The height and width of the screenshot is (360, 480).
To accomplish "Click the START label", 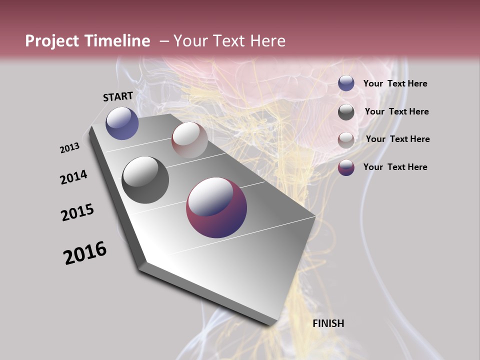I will [118, 96].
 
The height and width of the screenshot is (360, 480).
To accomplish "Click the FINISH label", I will [328, 323].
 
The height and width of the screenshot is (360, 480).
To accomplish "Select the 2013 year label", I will [70, 148].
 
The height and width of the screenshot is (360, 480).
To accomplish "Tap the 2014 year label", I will [74, 177].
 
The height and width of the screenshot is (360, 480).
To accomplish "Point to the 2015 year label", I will [77, 212].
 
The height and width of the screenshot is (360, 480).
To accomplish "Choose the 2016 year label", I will [85, 253].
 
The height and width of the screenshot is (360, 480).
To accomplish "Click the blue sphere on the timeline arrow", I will [122, 123].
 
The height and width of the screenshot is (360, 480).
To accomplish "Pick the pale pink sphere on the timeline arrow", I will [189, 140].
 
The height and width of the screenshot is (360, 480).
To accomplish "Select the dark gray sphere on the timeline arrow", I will [145, 180].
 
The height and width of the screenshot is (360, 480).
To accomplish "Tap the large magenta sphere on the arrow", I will [216, 207].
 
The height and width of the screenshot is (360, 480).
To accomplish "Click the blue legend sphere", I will [346, 83].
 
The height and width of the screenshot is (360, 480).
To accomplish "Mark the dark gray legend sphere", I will [346, 112].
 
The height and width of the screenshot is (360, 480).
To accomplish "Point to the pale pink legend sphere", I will [346, 140].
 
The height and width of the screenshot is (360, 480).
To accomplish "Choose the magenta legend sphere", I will [346, 167].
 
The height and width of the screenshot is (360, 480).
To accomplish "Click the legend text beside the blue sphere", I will [395, 84].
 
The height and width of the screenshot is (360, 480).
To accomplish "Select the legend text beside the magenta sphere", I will [395, 167].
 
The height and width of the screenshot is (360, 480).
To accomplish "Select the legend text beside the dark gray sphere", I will [396, 111].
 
